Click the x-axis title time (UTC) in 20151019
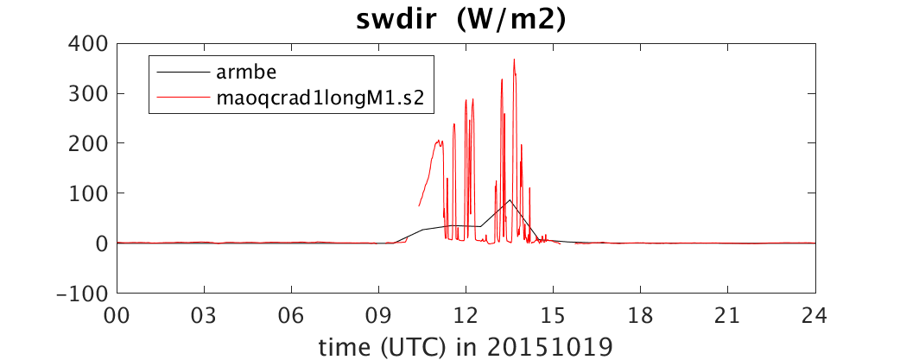tap(466, 347)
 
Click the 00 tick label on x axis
tap(117, 315)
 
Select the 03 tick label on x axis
tap(205, 315)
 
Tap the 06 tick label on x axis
tap(292, 315)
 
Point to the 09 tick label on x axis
tap(379, 315)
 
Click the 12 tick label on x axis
tap(466, 315)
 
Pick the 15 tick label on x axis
tap(554, 315)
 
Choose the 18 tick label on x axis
tap(641, 315)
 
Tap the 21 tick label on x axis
tap(728, 315)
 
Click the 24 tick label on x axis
tap(815, 315)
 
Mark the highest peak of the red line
tap(514, 60)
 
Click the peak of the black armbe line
tap(510, 200)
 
